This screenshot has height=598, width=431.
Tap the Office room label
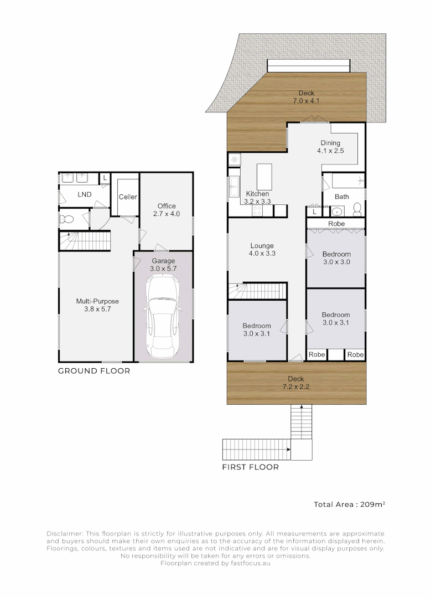pos(167,206)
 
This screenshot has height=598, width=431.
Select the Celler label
pos(128,197)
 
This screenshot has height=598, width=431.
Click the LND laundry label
pos(85,194)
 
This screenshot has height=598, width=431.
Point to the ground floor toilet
pos(67,219)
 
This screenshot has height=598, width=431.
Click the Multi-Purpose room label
pos(97,301)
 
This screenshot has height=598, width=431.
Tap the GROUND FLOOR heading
pos(94,371)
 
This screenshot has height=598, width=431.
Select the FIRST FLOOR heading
pos(251,467)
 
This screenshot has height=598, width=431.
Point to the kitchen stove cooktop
pos(257,210)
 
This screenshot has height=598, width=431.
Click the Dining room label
pos(330,143)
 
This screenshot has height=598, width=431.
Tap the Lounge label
pos(262,246)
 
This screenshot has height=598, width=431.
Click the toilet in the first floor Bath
pos(357,209)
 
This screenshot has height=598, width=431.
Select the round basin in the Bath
pos(336,212)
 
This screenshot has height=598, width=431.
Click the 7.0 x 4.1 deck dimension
pos(306,101)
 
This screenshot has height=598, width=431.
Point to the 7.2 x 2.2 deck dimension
pos(296,386)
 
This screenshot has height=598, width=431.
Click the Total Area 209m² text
pos(350,504)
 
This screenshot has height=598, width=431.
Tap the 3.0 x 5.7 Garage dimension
pos(163,269)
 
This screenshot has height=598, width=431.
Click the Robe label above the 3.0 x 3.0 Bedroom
pos(336,224)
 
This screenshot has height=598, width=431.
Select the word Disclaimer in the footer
pos(64,534)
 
